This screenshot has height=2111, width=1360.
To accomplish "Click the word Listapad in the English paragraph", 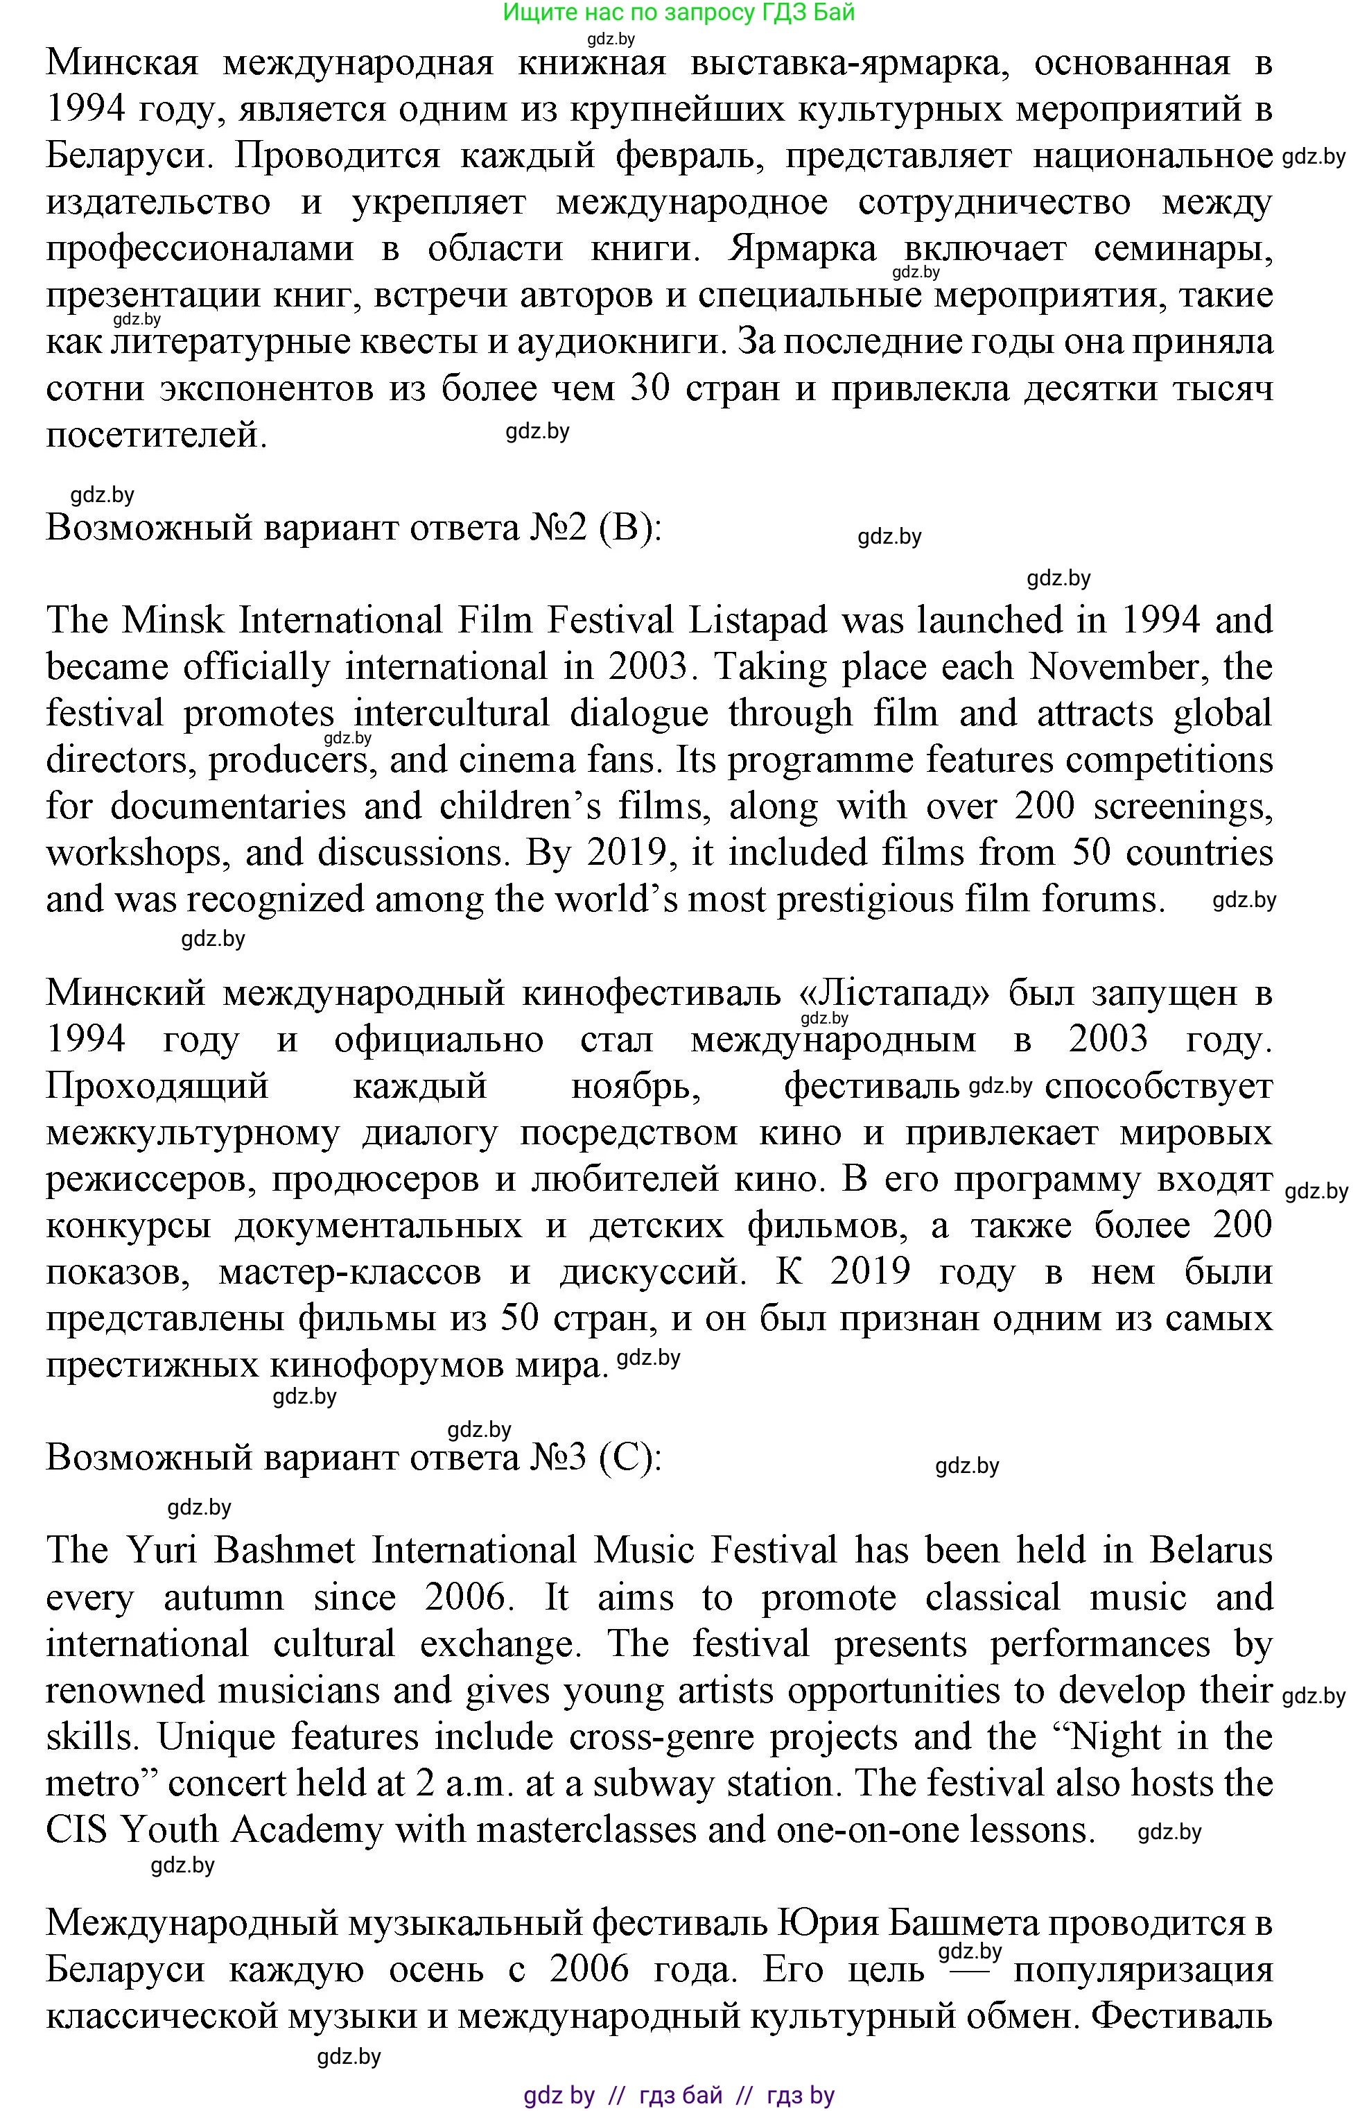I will pyautogui.click(x=758, y=621).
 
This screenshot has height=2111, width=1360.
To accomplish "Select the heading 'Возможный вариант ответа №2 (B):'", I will pyautogui.click(x=354, y=528).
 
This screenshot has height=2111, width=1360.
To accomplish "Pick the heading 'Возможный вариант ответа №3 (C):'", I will pyautogui.click(x=354, y=1458).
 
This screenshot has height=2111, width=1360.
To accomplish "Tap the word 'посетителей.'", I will pyautogui.click(x=157, y=435).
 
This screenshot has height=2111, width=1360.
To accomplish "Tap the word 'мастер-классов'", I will pyautogui.click(x=350, y=1273).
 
